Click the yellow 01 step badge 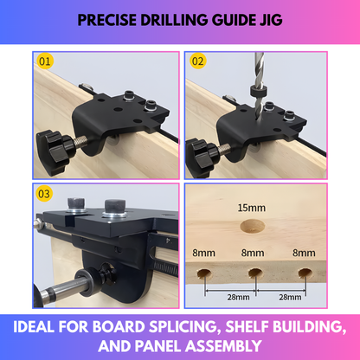[46, 62]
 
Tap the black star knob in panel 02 [205, 151]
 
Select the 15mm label [253, 209]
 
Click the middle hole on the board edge [254, 275]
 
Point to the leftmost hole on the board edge [203, 275]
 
